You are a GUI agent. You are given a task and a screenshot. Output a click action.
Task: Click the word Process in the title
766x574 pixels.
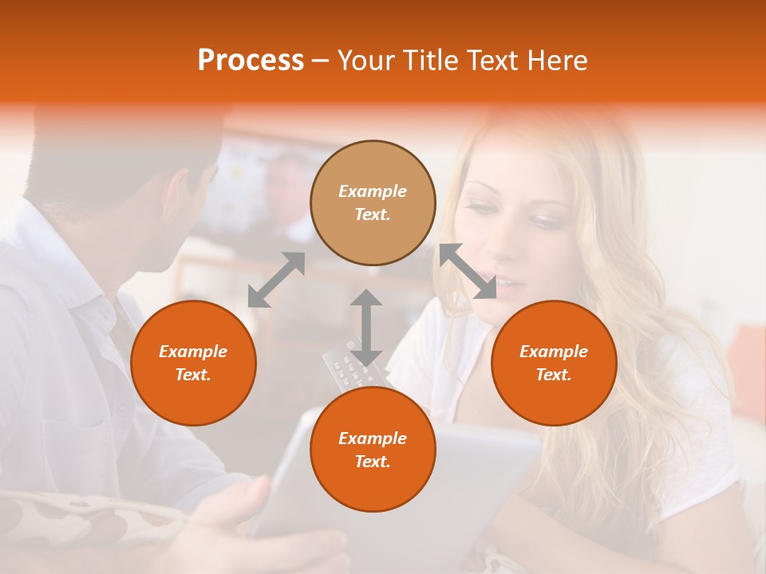(251, 61)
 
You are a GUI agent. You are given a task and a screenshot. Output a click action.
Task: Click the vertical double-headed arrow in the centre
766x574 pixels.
(366, 327)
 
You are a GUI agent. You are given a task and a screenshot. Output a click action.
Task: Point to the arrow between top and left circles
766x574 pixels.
(276, 280)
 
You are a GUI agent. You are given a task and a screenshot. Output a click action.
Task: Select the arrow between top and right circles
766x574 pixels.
(468, 271)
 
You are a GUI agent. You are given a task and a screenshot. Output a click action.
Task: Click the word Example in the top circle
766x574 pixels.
(373, 191)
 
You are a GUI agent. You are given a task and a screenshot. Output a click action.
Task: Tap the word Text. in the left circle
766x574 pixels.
(193, 375)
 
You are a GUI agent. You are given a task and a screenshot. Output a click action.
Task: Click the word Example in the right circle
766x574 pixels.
(554, 352)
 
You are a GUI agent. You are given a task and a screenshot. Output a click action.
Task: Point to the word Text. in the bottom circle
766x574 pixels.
(373, 462)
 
